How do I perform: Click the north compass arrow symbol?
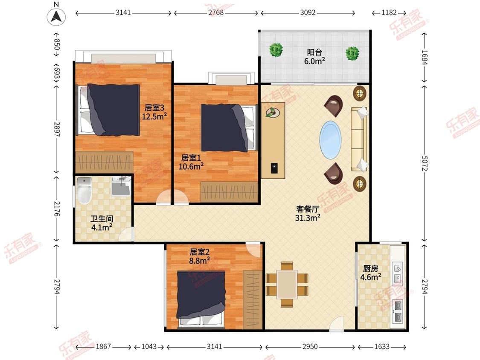(56, 16)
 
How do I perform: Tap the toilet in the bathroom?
(84, 190)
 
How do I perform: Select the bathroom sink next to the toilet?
(121, 186)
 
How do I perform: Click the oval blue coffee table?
(331, 140)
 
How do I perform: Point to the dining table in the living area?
(287, 285)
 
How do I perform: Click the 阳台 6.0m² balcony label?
(314, 57)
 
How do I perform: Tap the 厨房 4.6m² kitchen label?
(371, 273)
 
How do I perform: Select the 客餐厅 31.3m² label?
(308, 213)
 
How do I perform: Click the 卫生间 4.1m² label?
(102, 223)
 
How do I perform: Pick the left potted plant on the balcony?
(276, 49)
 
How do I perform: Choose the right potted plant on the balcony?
(352, 53)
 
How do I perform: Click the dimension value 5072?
(424, 163)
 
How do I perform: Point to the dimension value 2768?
(216, 12)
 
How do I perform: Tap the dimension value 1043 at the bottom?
(149, 346)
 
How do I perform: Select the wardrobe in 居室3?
(105, 162)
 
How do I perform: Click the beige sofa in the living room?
(359, 139)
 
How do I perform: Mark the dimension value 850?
(57, 44)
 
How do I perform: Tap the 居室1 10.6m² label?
(191, 162)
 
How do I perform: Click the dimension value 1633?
(382, 346)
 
